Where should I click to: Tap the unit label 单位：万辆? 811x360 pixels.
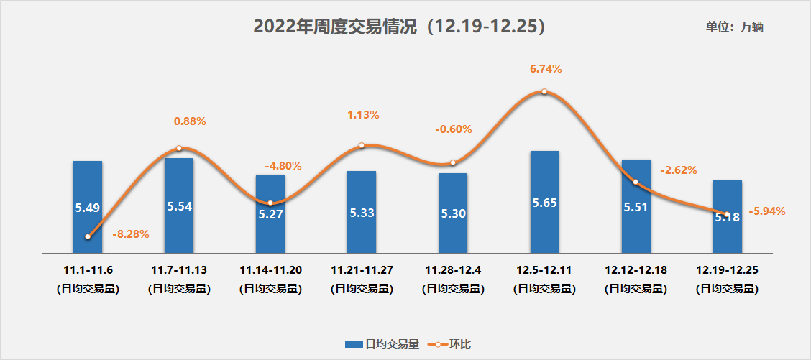(x=734, y=27)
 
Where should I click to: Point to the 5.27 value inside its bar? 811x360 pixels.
(x=270, y=213)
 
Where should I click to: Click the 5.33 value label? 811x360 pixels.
(x=362, y=213)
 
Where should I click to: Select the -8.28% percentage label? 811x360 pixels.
(x=131, y=234)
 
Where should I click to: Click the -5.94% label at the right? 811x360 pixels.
(x=767, y=211)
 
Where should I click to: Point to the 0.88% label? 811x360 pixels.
(x=190, y=121)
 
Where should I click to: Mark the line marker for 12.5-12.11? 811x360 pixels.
(x=544, y=91)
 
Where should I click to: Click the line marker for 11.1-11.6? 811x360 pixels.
(x=88, y=236)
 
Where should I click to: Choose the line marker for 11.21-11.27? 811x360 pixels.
(x=362, y=145)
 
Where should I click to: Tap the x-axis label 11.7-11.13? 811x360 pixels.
(x=179, y=270)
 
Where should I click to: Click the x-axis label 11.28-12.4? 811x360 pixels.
(x=453, y=270)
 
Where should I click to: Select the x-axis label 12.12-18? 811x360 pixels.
(x=636, y=270)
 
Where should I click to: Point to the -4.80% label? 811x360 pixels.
(x=283, y=166)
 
